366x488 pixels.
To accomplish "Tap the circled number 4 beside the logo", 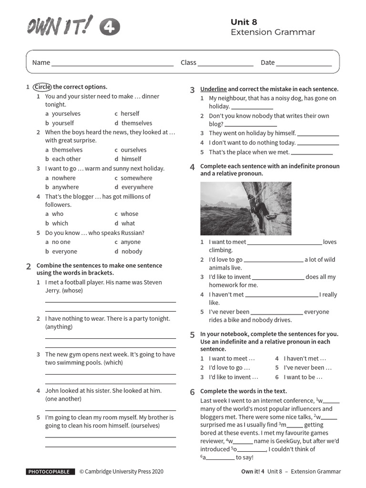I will pos(110,28).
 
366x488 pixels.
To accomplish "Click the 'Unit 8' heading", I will pos(244,22).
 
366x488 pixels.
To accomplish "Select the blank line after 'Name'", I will pos(112,63).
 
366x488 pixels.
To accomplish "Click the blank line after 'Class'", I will pos(219,63).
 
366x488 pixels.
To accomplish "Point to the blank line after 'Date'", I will pos(304,63).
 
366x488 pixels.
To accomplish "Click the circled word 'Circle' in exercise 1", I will pos(42,87).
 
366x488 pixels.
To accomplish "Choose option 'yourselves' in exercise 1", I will pos(66,113).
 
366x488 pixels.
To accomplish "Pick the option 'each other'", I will pos(66,159).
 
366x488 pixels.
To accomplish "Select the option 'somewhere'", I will pos(136,178).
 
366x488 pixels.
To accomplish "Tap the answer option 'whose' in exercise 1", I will pos(129,214).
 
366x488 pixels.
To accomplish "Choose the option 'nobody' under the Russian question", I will pos(132,251).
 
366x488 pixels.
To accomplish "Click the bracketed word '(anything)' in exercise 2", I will pos(59,327).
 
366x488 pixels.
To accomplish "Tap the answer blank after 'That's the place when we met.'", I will pos(312,152).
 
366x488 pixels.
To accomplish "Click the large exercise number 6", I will pos(193,392).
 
